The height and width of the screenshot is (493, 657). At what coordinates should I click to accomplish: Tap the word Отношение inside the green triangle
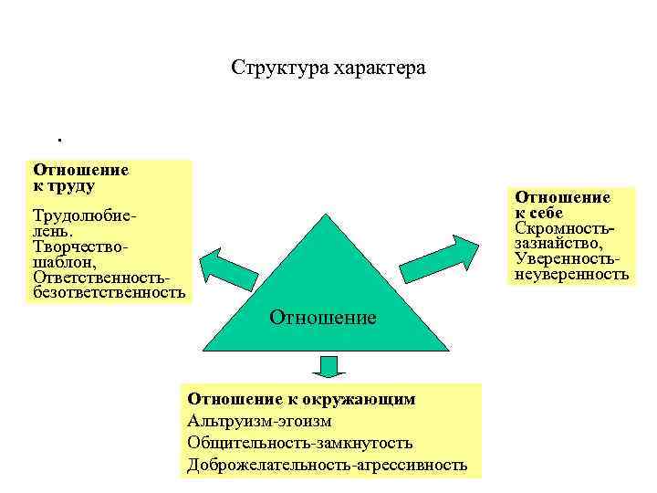coord(322,318)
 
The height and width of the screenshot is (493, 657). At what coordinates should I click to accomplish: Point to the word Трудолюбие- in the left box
coord(85,217)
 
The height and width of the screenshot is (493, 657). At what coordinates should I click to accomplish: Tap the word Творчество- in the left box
coord(80,246)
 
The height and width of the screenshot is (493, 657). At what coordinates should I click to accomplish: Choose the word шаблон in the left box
coord(60,261)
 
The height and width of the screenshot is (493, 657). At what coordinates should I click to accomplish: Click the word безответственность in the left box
coord(109,291)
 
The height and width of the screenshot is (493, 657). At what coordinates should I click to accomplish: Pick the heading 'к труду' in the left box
coord(64,184)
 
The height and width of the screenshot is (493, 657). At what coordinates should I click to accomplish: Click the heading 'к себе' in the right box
coord(545,212)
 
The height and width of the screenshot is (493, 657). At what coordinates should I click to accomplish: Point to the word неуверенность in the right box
coord(571,272)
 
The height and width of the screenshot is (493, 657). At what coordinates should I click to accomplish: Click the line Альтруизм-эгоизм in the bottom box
coord(259,420)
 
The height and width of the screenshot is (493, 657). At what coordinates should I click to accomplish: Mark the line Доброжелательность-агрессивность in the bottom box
coord(327,465)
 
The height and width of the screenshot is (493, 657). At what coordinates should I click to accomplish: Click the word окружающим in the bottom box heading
coord(366,398)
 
